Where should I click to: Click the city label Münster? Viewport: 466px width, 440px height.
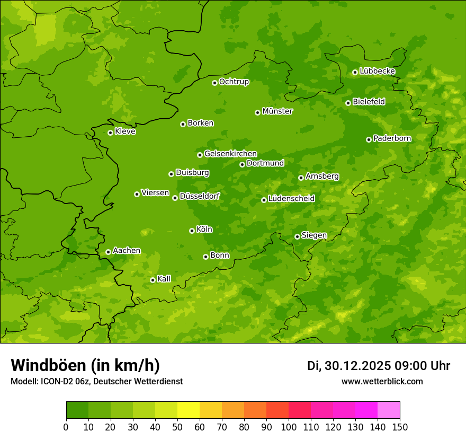tap(277, 111)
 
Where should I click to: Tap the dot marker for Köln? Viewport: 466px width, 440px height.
tap(192, 231)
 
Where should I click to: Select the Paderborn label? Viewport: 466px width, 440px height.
tap(392, 138)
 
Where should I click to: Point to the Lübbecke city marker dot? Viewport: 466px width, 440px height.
tap(355, 72)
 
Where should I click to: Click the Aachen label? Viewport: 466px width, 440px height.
tap(127, 251)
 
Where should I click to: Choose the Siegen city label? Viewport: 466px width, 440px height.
tap(314, 235)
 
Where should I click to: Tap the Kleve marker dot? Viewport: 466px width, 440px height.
tap(110, 133)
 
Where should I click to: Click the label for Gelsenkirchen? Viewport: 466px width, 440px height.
tap(230, 154)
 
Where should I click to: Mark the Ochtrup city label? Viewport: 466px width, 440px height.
tap(234, 82)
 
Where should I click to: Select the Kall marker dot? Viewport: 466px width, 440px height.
tap(153, 280)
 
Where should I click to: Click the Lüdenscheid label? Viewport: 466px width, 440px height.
tap(291, 199)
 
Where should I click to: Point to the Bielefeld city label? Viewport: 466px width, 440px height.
tap(369, 102)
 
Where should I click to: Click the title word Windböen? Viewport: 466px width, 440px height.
tap(48, 365)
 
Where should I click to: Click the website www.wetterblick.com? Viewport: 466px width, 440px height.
tap(382, 381)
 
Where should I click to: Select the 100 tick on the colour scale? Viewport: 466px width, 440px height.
tap(289, 426)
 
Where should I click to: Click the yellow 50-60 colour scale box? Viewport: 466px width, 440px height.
tap(188, 410)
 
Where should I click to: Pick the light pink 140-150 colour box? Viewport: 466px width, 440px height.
tap(388, 410)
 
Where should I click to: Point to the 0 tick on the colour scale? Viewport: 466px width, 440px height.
tap(66, 426)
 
